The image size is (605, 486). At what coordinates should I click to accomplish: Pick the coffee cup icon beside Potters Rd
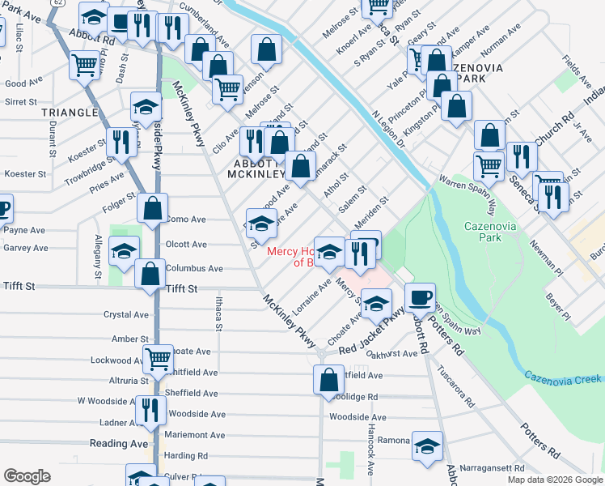point(419,297)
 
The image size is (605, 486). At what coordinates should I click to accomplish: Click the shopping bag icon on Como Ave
point(152,209)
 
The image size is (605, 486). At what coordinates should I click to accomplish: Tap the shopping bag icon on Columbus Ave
point(150,274)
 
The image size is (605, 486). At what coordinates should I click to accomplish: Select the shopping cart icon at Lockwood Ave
point(158,357)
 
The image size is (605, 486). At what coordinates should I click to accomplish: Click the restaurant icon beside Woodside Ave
point(150,409)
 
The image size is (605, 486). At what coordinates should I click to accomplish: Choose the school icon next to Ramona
point(427,445)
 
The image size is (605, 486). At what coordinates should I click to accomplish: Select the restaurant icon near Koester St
point(121,143)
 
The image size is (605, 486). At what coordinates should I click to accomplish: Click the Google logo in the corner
point(27,476)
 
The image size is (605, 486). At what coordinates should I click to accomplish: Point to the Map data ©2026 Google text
point(554,480)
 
